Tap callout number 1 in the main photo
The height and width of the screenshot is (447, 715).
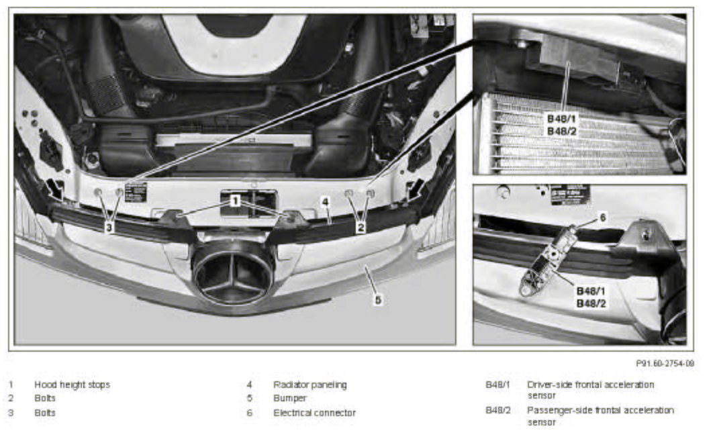click(x=235, y=201)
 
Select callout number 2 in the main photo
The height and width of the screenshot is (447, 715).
click(x=361, y=227)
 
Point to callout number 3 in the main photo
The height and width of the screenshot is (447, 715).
click(x=109, y=227)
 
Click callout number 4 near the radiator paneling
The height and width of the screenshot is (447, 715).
click(x=325, y=201)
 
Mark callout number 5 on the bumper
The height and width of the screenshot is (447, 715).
click(x=378, y=300)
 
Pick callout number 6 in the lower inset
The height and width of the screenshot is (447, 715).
click(x=602, y=217)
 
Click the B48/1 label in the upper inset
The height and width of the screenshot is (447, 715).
click(x=561, y=119)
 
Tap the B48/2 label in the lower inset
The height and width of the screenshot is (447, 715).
click(x=591, y=303)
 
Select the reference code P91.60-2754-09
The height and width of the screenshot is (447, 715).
click(x=665, y=363)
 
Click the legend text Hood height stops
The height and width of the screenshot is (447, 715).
click(x=72, y=385)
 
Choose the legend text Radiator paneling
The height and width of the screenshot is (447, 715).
click(x=310, y=385)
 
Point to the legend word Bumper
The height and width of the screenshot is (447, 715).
click(x=290, y=398)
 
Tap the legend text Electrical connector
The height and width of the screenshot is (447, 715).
click(x=314, y=413)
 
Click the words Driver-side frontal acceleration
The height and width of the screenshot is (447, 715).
click(x=591, y=385)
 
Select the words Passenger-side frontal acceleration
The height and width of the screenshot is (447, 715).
click(x=601, y=410)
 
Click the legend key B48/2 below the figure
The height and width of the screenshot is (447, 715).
click(x=498, y=410)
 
